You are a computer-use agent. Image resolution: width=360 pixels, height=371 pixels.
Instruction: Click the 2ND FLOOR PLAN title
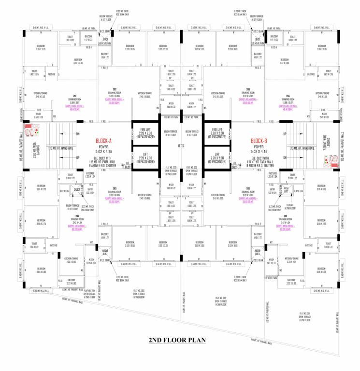pos(177,340)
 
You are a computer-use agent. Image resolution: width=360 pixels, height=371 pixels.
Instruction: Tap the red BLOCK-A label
pos(103,141)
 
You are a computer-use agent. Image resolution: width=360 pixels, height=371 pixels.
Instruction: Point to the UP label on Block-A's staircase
pos(78,157)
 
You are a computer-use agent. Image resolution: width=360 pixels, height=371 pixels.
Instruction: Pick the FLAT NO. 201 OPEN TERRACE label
pos(307,317)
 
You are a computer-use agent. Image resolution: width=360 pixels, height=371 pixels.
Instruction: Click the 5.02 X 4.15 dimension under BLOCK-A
pos(103,152)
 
